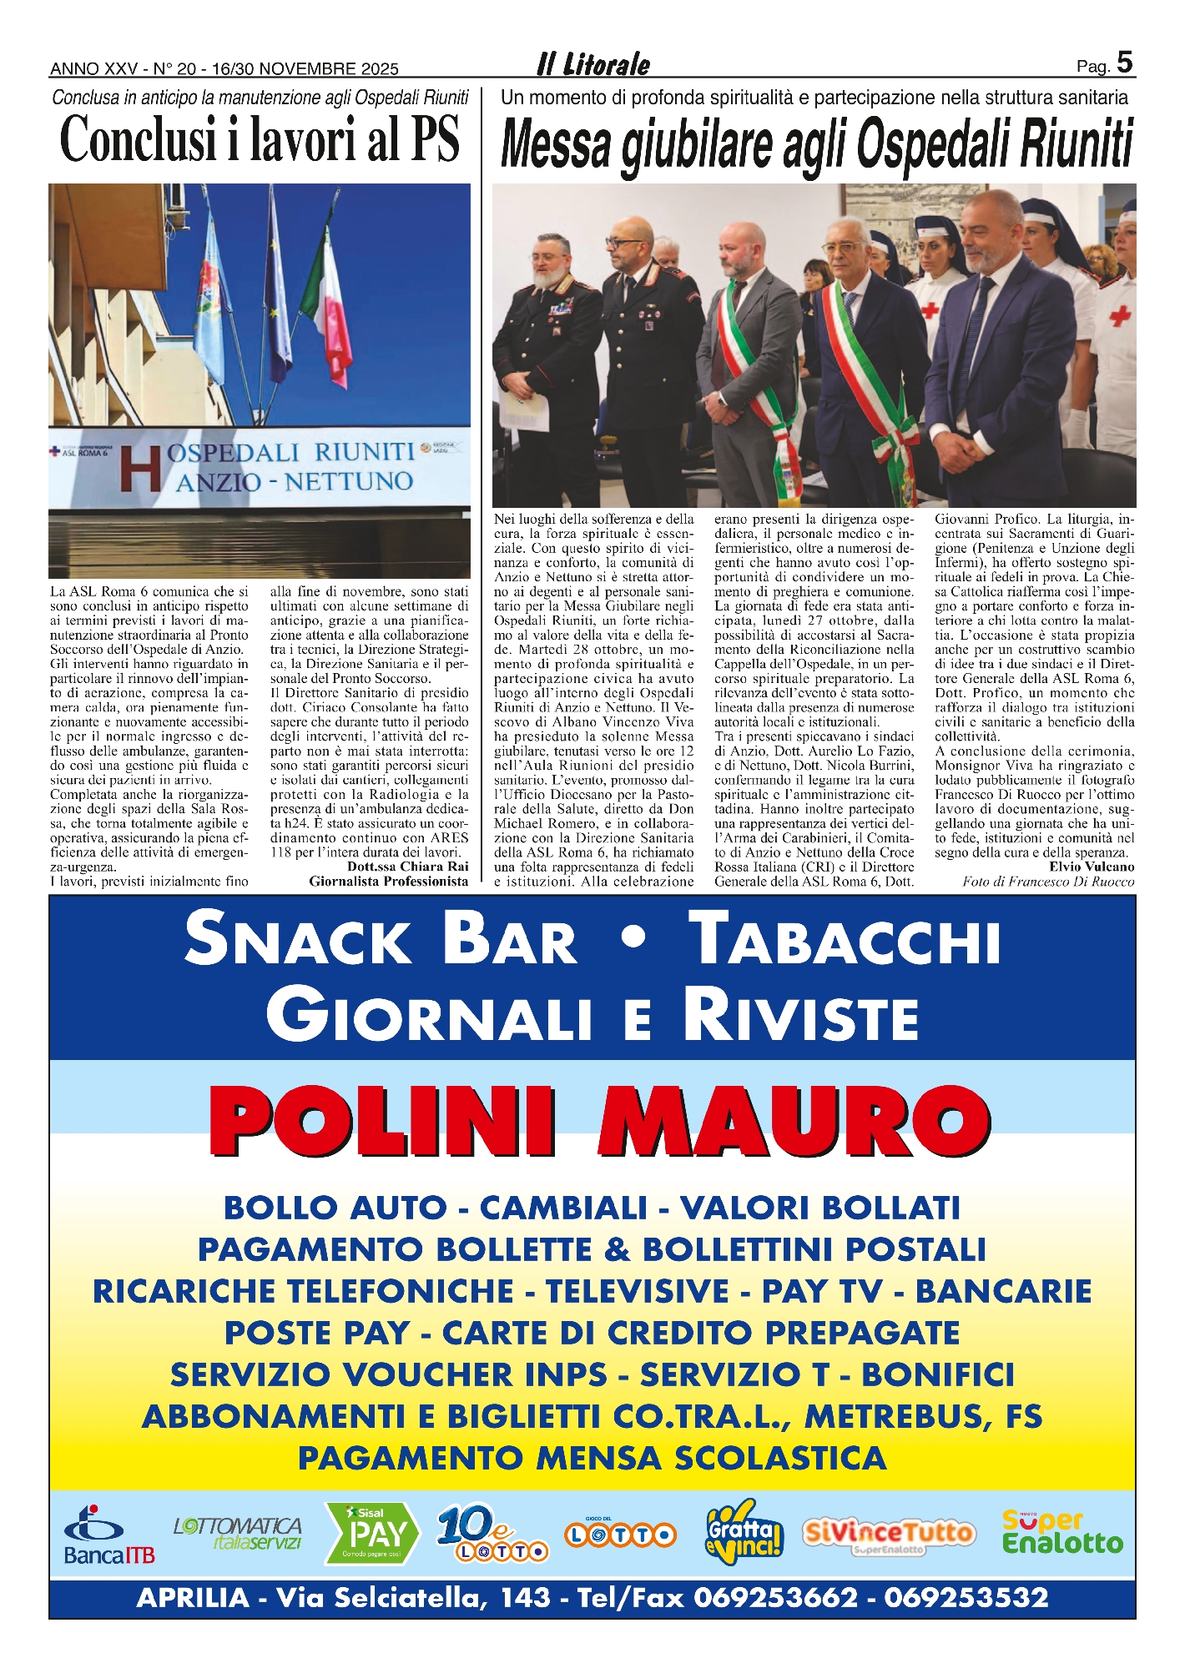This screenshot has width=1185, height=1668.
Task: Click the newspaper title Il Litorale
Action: point(592,64)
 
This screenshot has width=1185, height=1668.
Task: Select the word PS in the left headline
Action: point(435,140)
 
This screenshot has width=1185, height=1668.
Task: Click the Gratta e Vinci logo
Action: point(744,1531)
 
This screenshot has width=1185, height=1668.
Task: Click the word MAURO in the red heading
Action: point(794,1121)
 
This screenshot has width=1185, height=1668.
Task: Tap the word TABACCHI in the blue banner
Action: point(848,940)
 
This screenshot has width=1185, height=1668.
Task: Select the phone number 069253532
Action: point(966,1598)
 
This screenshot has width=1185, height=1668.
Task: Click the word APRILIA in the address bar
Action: point(193,1598)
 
